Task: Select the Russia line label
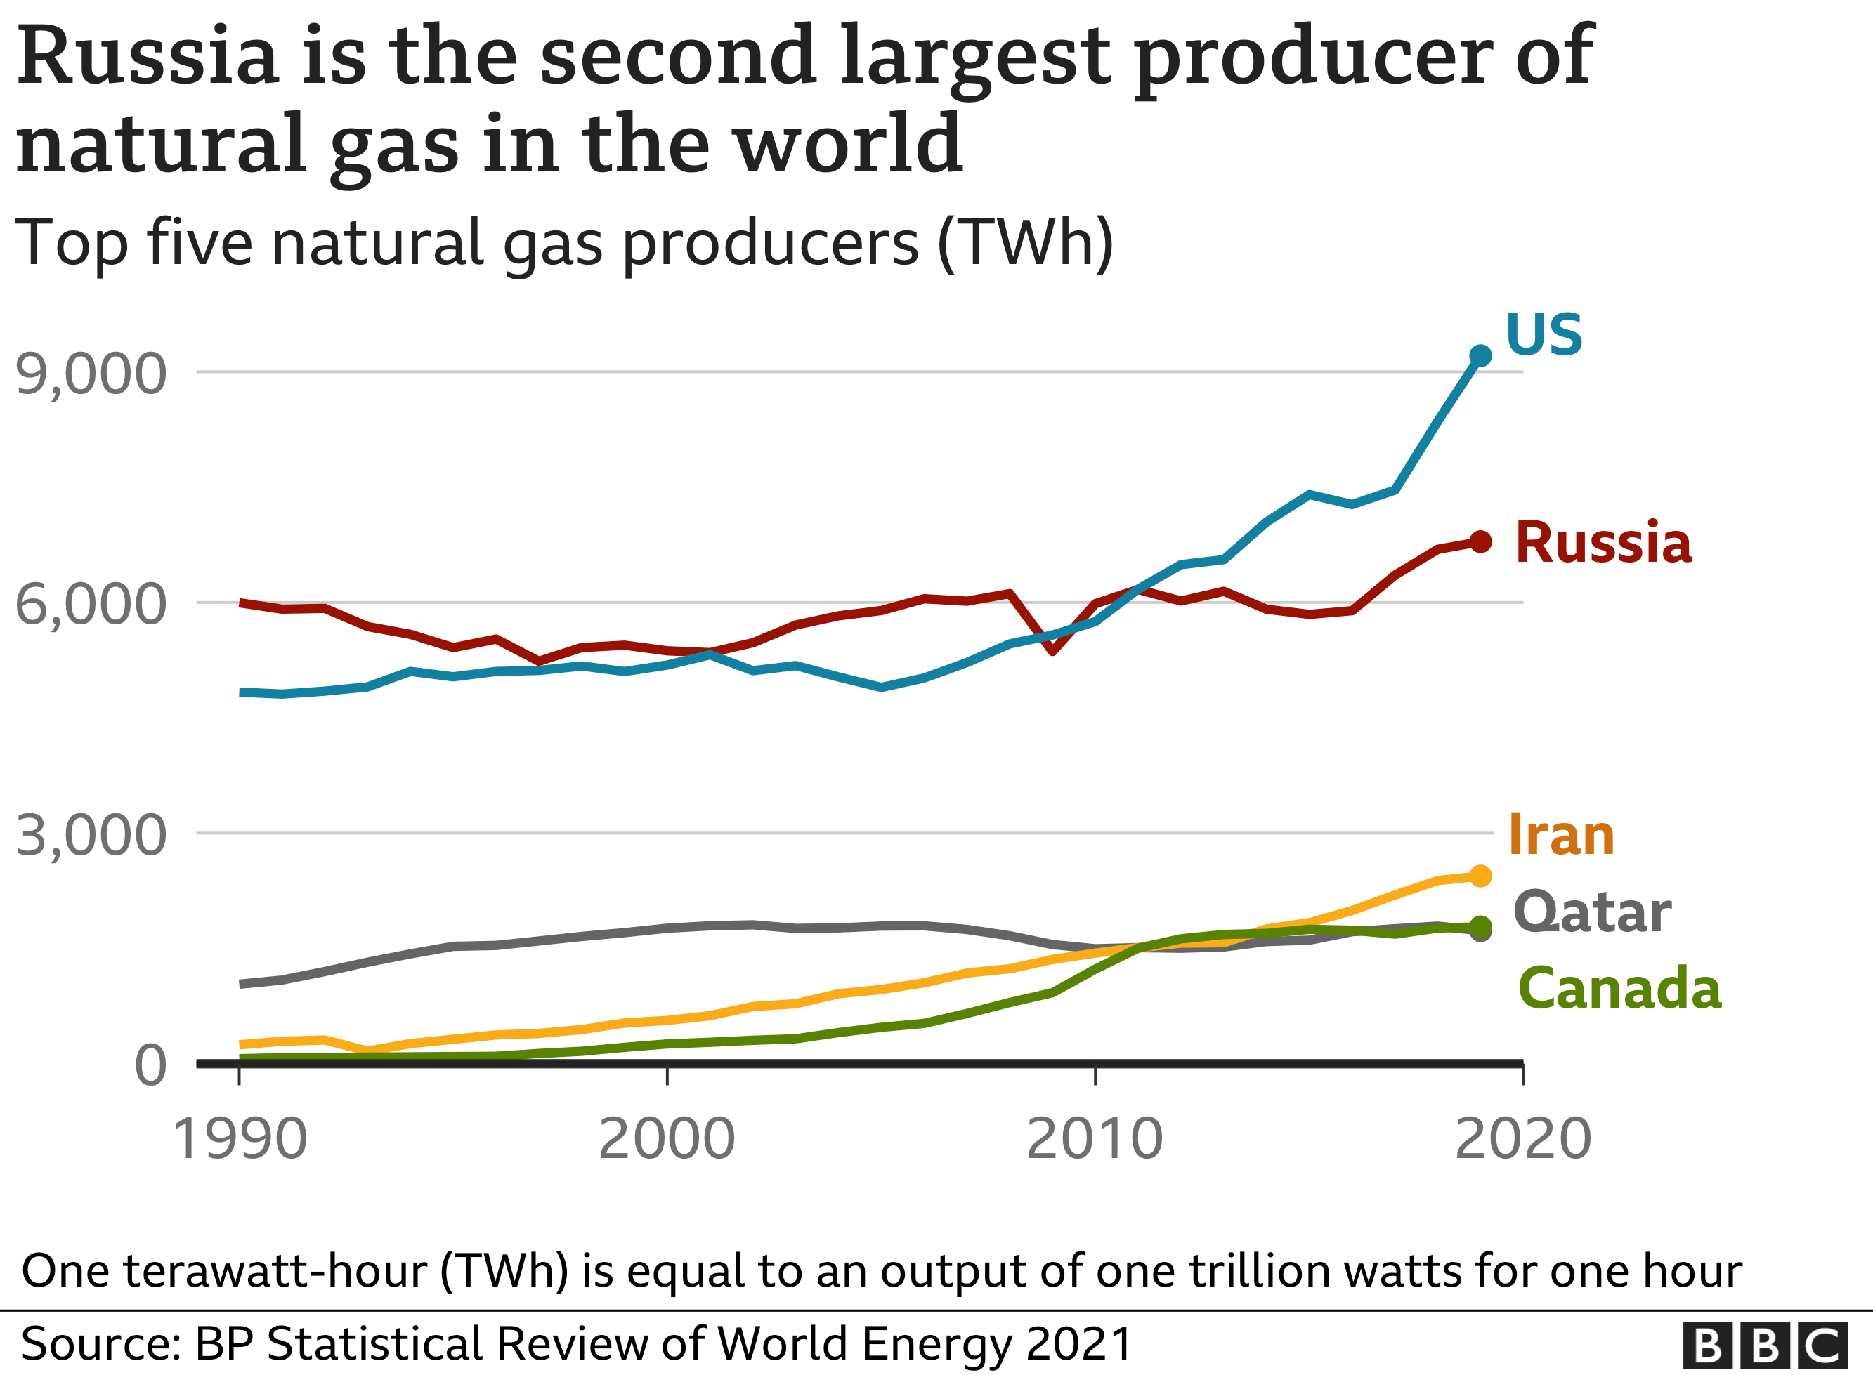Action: (x=1603, y=543)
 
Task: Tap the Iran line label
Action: (x=1561, y=835)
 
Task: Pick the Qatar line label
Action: (x=1592, y=913)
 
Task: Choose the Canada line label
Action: (x=1619, y=989)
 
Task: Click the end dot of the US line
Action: (x=1480, y=355)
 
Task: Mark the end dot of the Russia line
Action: (x=1480, y=542)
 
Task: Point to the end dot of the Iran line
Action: (x=1480, y=876)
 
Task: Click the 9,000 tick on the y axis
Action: (x=91, y=374)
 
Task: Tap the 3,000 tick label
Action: (x=91, y=835)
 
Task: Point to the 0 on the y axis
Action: (x=150, y=1065)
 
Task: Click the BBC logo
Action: (x=1764, y=1345)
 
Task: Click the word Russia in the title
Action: (x=148, y=57)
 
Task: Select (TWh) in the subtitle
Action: (x=1025, y=243)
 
